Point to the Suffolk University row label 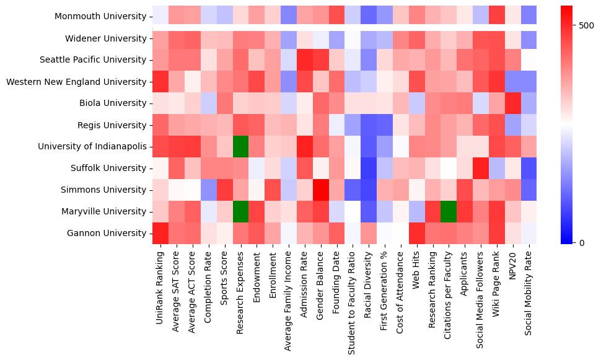point(107,169)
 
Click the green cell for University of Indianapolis point(240,147)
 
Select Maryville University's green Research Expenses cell point(240,212)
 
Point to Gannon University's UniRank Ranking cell point(160,234)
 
